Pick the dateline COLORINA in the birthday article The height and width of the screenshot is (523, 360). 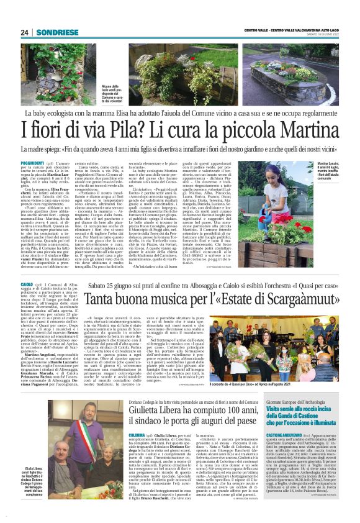[138, 435]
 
